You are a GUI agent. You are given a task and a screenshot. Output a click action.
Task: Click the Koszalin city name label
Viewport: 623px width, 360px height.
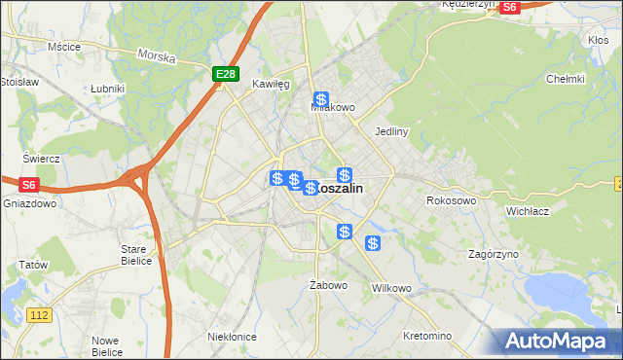[341, 190]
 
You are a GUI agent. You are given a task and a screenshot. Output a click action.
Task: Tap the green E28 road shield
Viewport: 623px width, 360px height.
[226, 74]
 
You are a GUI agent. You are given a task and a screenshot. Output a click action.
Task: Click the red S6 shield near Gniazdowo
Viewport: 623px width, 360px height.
[28, 183]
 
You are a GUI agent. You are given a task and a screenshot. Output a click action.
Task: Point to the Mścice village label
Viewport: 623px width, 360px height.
[63, 46]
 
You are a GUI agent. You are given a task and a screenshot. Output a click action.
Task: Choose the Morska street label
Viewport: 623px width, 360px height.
[157, 57]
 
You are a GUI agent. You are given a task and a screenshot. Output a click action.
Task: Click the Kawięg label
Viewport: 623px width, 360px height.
[271, 85]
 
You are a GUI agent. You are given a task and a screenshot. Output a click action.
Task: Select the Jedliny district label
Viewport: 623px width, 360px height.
[390, 130]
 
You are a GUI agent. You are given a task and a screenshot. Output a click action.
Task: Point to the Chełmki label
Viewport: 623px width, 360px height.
[565, 79]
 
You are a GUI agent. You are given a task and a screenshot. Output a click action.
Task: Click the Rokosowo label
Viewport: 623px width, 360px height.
[451, 200]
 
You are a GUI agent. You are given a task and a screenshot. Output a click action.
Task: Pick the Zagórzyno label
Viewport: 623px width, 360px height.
[493, 253]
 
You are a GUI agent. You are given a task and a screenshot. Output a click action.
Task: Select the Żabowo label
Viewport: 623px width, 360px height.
[328, 285]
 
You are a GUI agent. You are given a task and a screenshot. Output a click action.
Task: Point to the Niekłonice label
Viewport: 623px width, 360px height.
[232, 337]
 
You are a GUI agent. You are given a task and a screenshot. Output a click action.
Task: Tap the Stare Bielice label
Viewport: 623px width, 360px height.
[133, 255]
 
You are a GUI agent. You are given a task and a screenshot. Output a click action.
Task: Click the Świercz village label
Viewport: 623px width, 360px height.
[42, 159]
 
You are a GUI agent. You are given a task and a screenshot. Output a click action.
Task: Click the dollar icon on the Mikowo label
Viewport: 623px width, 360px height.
[320, 99]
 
